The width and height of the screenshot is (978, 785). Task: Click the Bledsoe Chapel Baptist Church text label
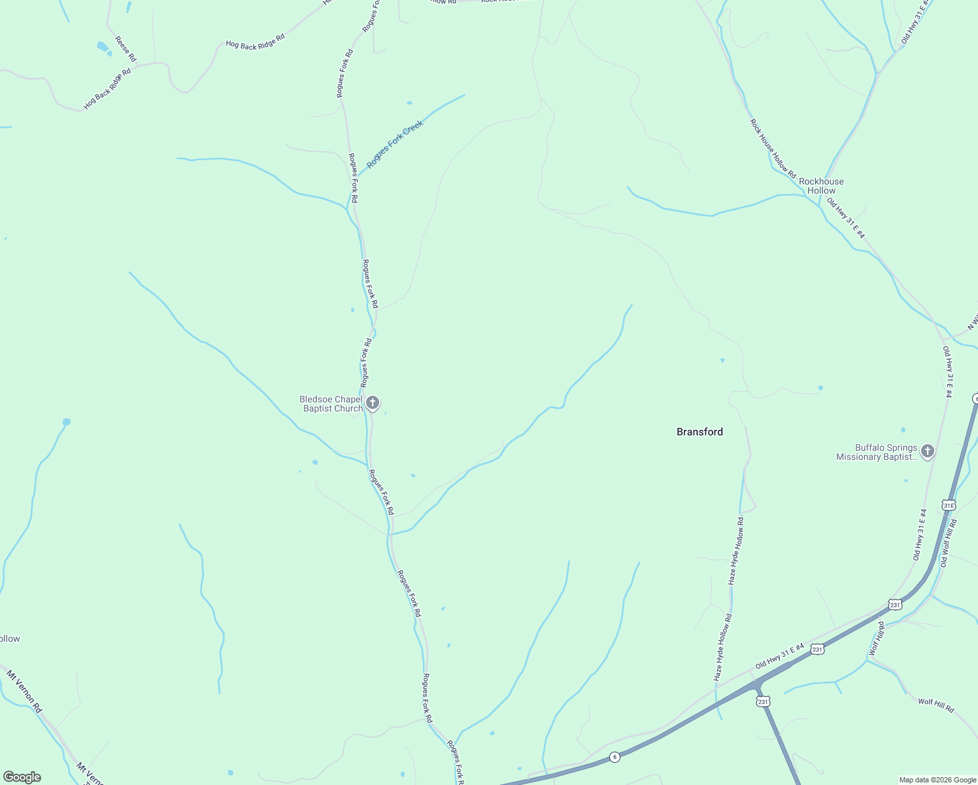point(331,404)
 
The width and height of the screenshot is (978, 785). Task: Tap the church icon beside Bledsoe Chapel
point(373,403)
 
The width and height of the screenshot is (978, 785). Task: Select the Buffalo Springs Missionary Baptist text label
point(877,452)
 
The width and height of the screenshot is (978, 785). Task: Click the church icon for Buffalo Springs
point(927,451)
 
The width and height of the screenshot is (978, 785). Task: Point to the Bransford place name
point(700,432)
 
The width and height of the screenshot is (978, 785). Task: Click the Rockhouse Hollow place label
point(821,186)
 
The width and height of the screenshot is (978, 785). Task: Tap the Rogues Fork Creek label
point(395,144)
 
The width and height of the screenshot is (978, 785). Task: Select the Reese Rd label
point(126,49)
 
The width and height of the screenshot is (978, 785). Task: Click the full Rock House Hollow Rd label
point(773,148)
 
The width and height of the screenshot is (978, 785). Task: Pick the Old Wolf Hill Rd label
point(948,543)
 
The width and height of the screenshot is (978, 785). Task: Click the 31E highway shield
point(949,505)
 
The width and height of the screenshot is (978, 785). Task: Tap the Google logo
point(22,777)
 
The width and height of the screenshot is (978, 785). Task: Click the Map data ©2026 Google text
point(937,780)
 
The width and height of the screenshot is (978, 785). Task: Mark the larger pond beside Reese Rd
point(103,46)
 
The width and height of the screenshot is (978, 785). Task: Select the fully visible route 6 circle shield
point(614,757)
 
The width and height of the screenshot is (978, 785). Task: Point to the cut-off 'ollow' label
point(10,638)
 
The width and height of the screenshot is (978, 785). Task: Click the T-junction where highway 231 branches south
point(757,685)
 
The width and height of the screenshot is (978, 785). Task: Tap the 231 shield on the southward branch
point(763,701)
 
